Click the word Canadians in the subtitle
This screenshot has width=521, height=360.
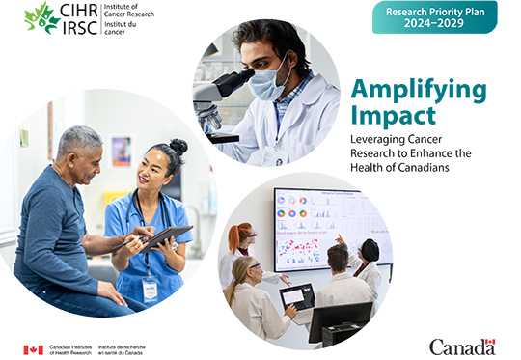click(404, 167)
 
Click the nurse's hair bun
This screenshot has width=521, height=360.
click(178, 147)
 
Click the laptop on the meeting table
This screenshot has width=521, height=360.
click(297, 298)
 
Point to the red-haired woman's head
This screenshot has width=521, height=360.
click(240, 234)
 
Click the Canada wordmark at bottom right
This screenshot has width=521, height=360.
click(461, 346)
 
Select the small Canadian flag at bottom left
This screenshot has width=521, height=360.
click(33, 349)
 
